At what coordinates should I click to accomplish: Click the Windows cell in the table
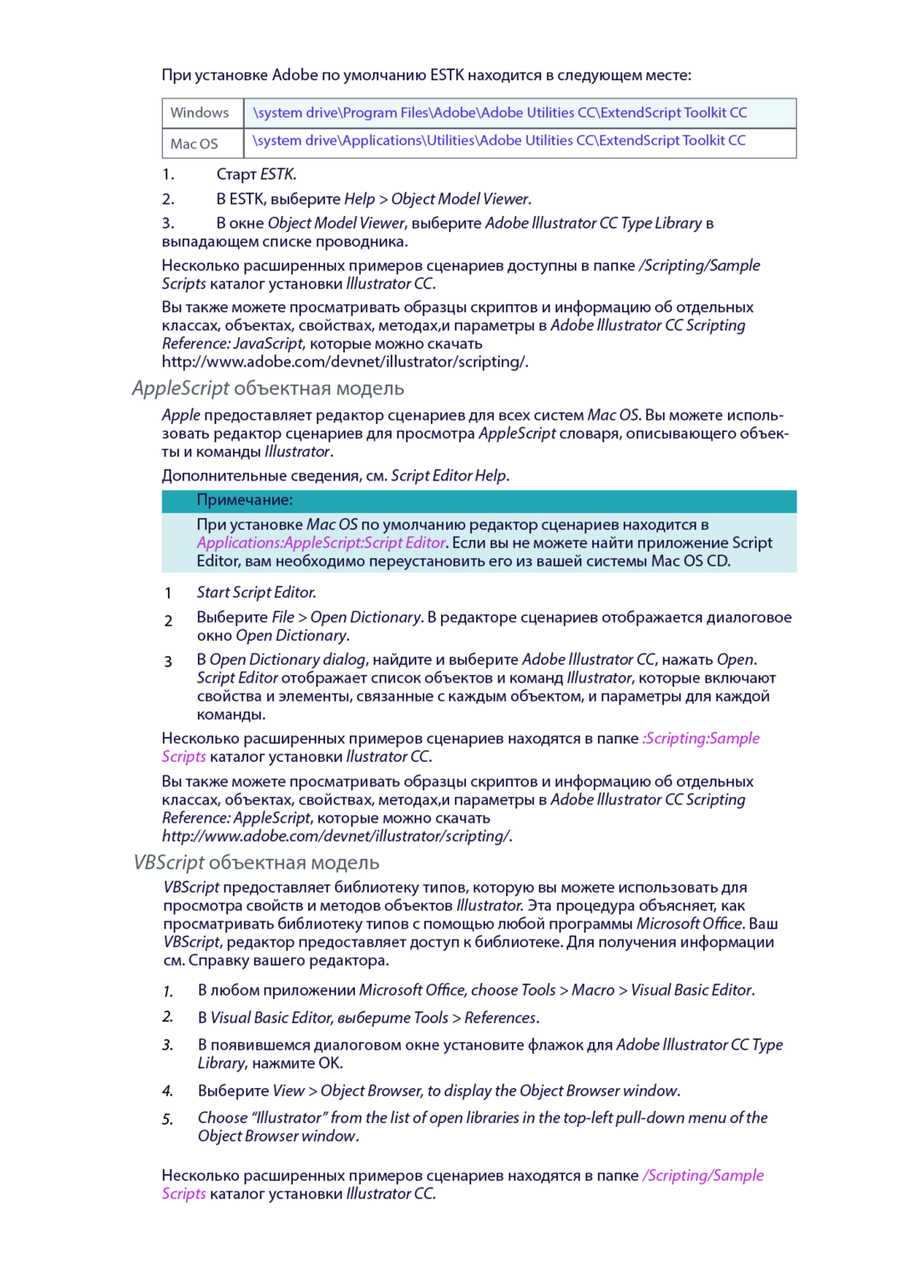[200, 113]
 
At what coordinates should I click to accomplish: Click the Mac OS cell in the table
[194, 143]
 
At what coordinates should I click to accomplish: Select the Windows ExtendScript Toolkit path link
[500, 113]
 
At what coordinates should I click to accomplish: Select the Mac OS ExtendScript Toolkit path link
[499, 141]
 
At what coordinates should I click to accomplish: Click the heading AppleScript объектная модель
[268, 388]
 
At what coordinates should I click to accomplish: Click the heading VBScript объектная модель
[257, 863]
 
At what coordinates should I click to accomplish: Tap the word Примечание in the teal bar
[245, 500]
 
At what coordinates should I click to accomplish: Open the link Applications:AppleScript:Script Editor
[321, 543]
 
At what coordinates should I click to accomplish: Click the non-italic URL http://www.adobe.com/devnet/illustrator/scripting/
[345, 362]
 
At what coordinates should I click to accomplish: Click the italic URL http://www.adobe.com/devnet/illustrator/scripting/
[337, 836]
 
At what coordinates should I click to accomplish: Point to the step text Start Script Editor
[256, 592]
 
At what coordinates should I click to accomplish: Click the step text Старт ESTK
[256, 174]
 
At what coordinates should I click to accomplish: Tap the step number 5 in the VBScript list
[168, 1119]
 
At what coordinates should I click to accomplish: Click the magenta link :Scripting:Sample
[701, 738]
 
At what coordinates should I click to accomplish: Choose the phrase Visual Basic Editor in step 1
[691, 990]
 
